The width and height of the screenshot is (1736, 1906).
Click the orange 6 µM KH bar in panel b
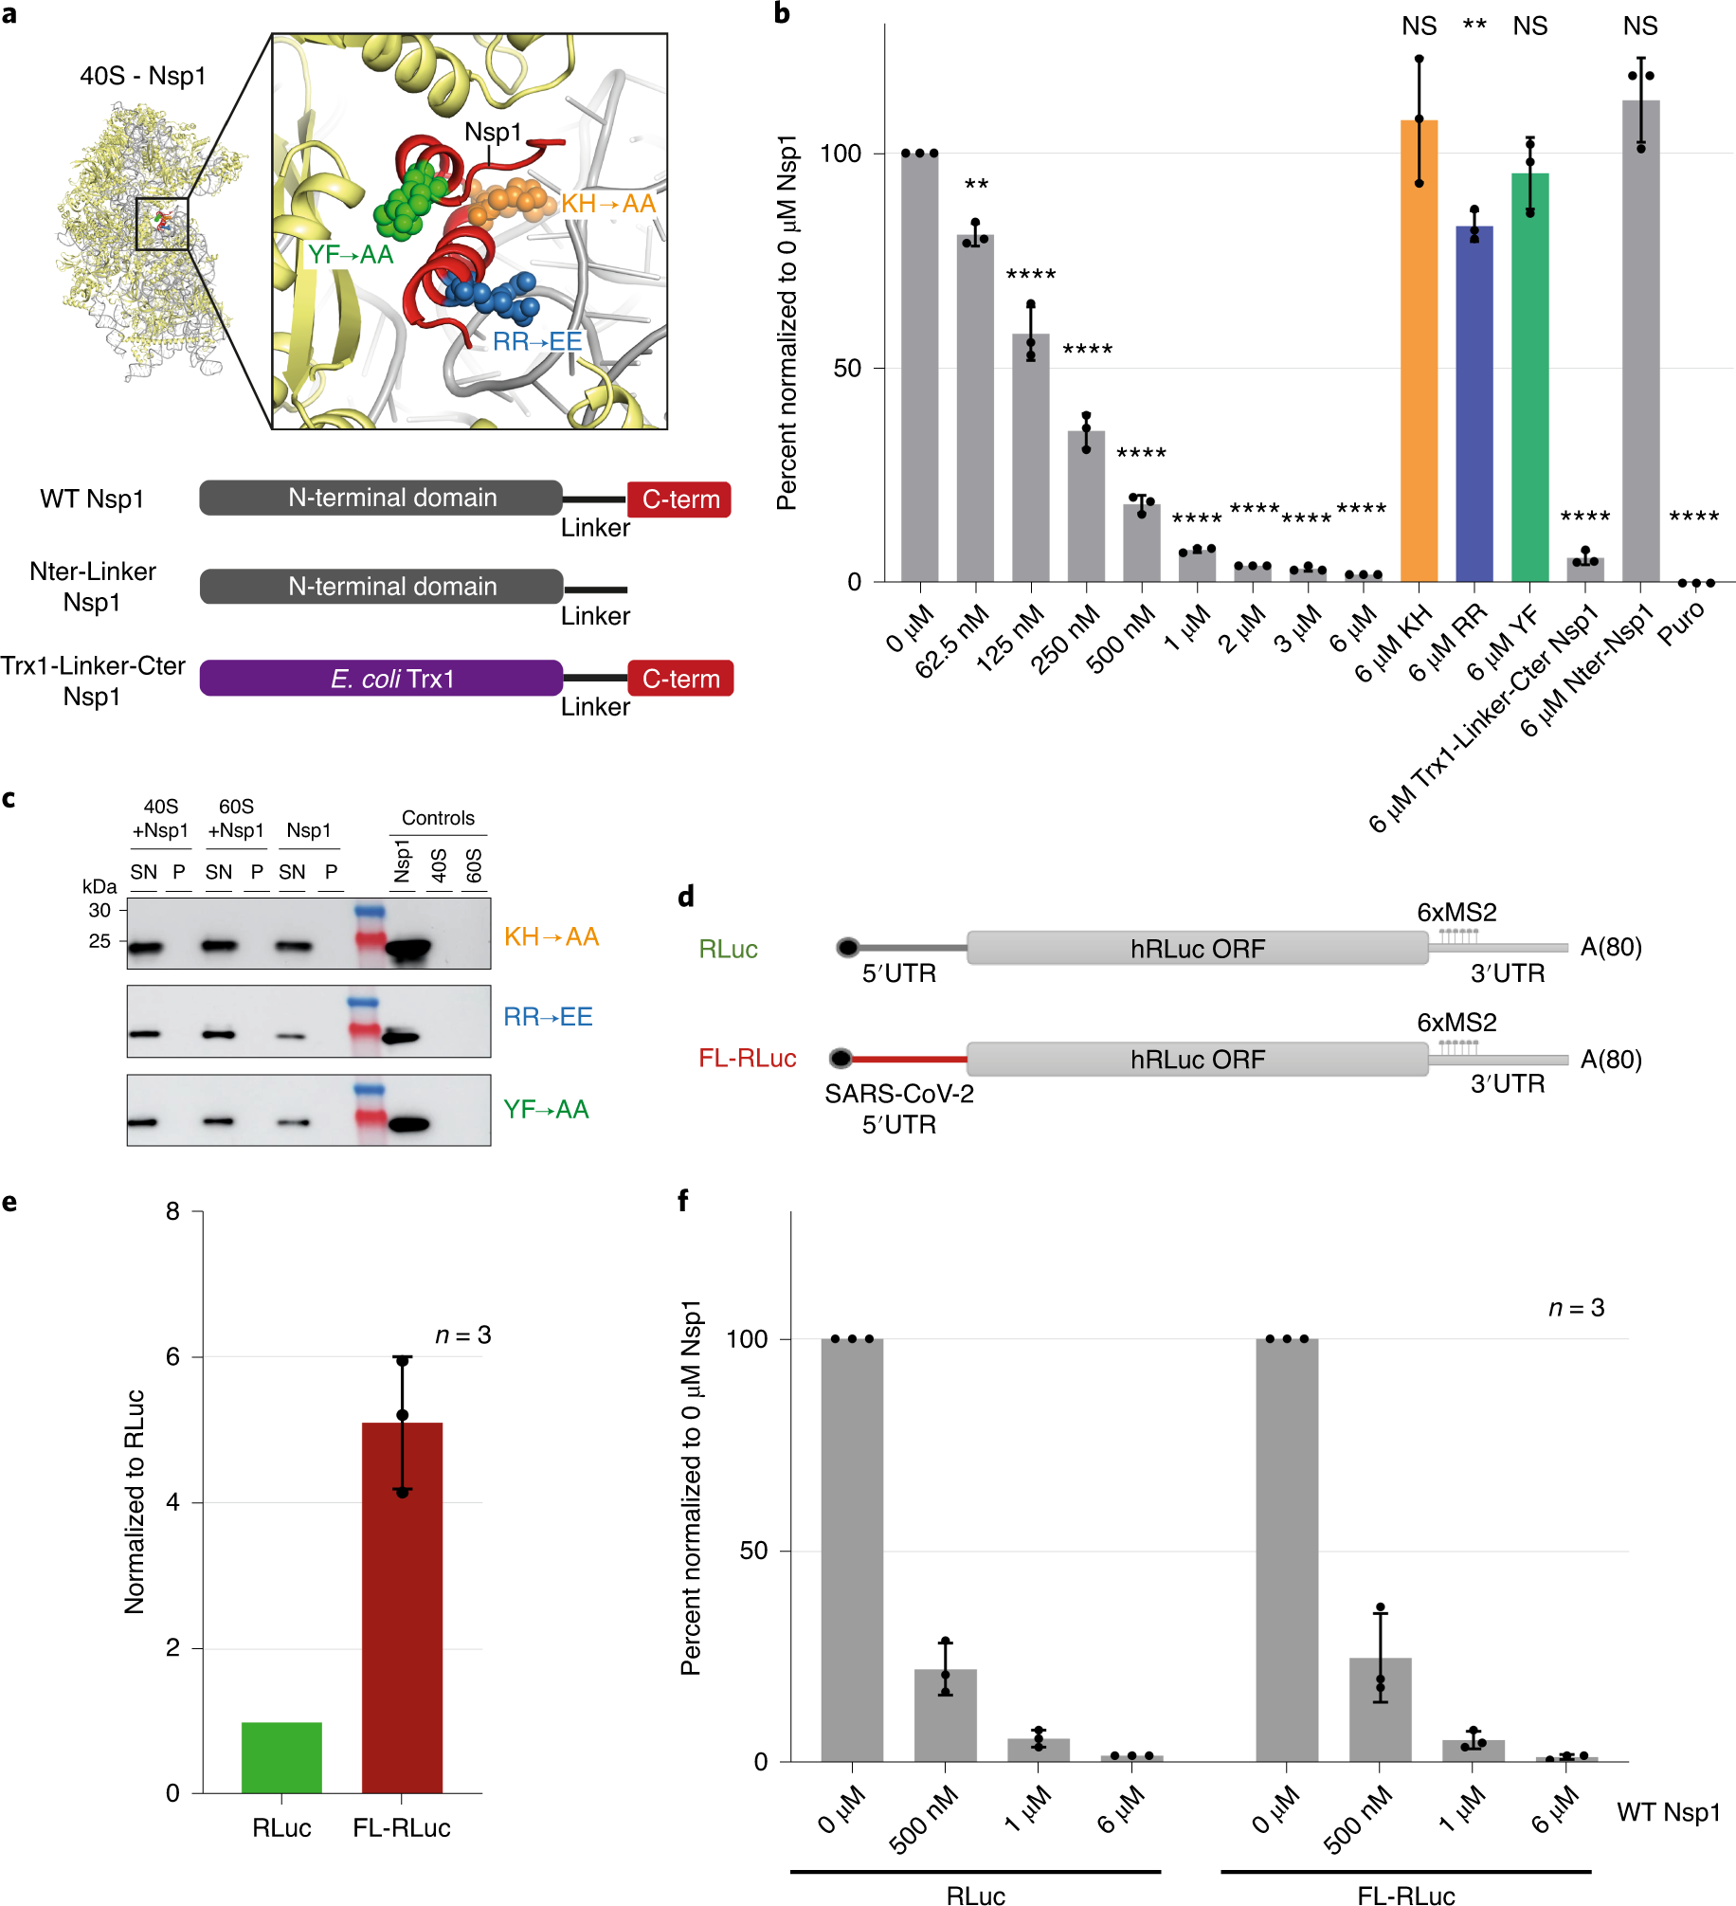(1419, 351)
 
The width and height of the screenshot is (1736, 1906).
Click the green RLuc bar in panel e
(281, 1757)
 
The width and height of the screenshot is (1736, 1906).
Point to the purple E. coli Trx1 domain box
(381, 679)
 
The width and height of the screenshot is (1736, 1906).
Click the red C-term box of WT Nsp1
(679, 499)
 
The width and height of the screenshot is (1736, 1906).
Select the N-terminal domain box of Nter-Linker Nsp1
(381, 587)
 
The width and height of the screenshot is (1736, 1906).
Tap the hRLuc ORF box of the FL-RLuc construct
(1197, 1059)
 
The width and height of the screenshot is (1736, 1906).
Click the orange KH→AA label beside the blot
(551, 937)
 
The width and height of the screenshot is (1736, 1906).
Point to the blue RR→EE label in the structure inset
(536, 341)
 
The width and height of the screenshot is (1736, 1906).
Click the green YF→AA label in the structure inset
(350, 255)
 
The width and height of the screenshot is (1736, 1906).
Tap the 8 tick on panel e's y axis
(172, 1211)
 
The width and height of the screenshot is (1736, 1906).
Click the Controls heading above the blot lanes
(438, 818)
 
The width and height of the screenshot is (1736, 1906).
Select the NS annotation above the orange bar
(1419, 27)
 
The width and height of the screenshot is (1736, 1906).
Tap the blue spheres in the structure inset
(493, 295)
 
